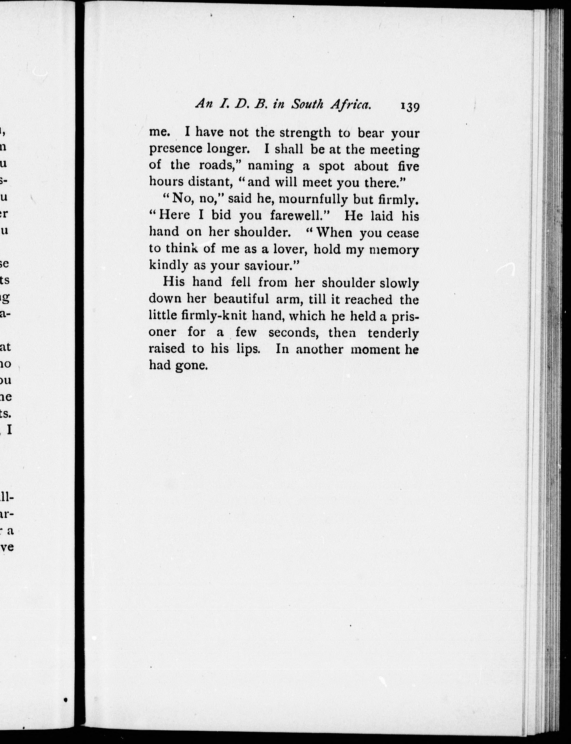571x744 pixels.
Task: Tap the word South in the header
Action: pyautogui.click(x=307, y=104)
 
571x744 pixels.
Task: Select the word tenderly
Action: pyautogui.click(x=393, y=333)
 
